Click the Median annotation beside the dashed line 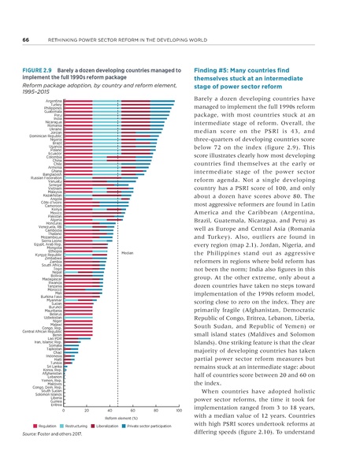[128, 231]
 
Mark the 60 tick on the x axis [133, 412]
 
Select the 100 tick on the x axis [179, 412]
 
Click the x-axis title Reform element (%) [121, 419]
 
